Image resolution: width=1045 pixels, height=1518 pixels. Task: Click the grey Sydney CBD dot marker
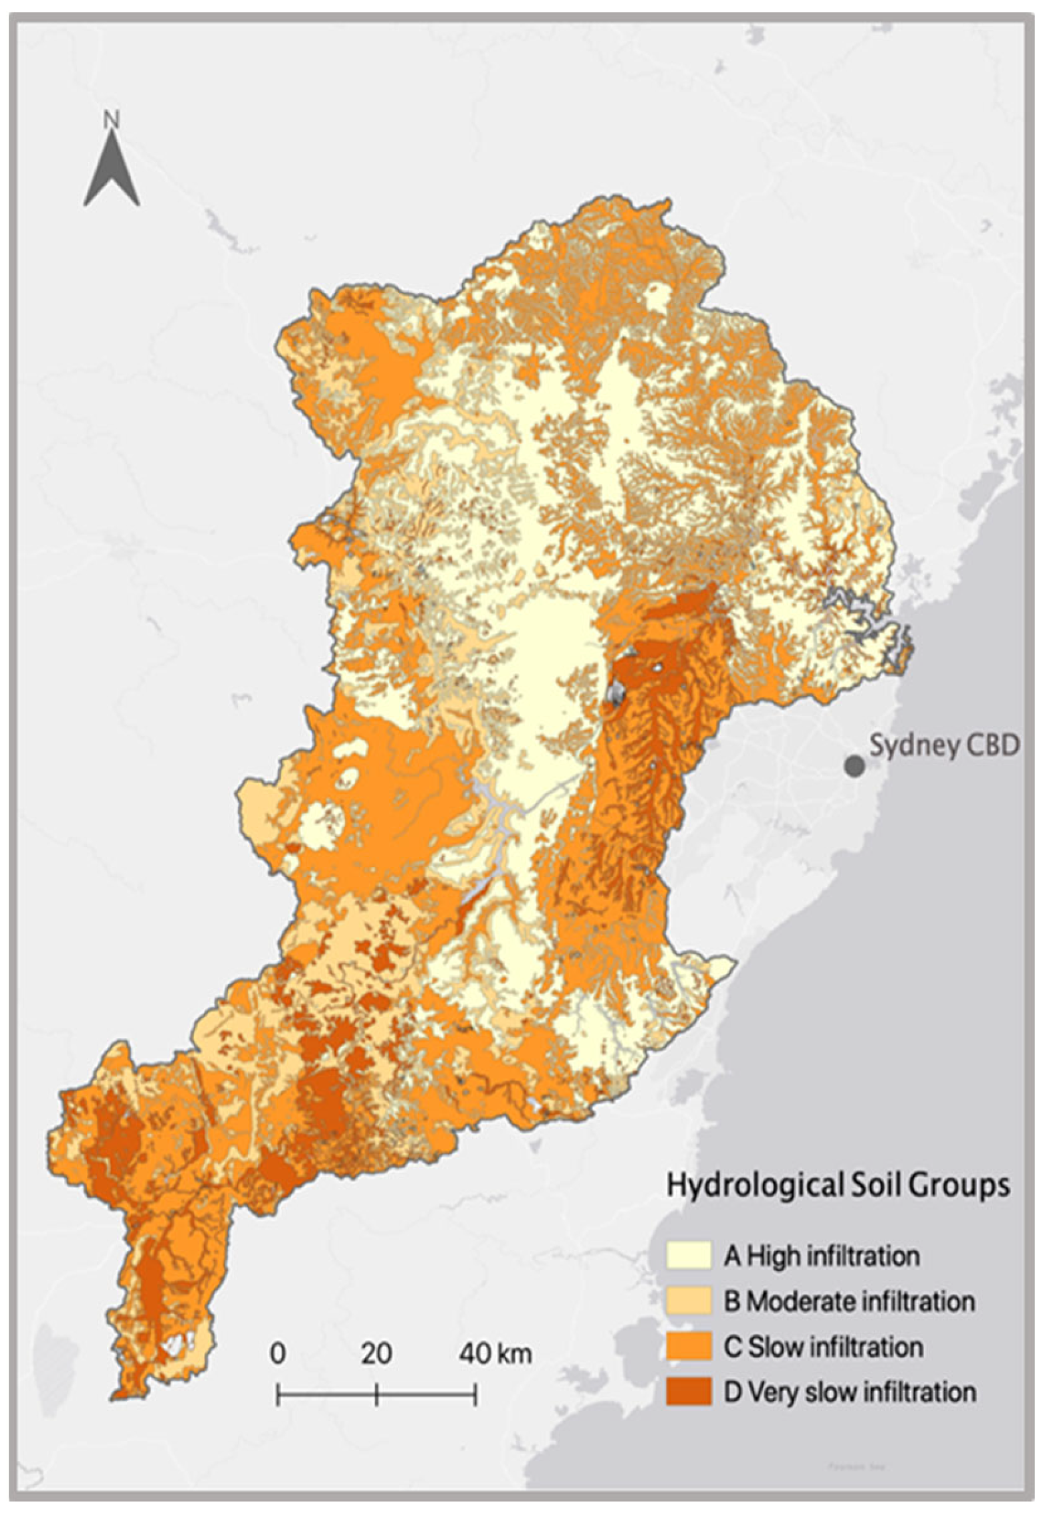point(853,766)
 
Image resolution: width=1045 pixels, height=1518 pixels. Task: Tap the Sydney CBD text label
point(944,745)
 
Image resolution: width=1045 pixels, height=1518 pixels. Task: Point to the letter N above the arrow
point(111,120)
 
